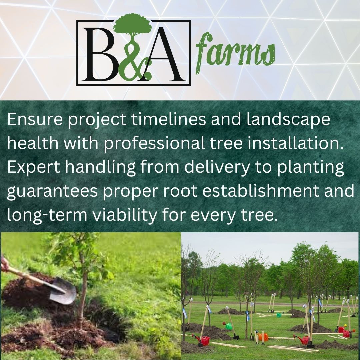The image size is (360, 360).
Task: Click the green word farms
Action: coord(235,53)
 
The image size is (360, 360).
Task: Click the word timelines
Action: coord(168,119)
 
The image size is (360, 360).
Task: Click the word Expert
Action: coord(34,167)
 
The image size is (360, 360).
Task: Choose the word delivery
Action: coord(217,167)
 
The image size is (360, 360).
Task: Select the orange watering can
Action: coord(263,337)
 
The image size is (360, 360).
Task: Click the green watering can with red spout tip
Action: coord(228,326)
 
